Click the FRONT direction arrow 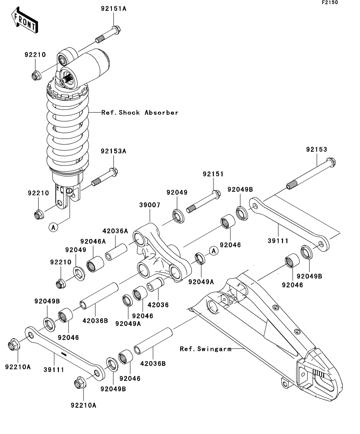25,20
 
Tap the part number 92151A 113,9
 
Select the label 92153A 113,151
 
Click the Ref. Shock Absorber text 140,113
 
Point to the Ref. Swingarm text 206,349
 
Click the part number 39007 150,205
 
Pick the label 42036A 115,231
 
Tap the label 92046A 93,241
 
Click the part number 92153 317,150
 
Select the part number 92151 213,174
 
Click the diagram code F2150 330,2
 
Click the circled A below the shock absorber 53,227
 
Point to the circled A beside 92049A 213,251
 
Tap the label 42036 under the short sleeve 158,305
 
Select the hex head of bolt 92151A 116,30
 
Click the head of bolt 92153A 113,172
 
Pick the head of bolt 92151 217,194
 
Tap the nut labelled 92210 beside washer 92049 60,283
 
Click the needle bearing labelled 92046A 95,264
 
